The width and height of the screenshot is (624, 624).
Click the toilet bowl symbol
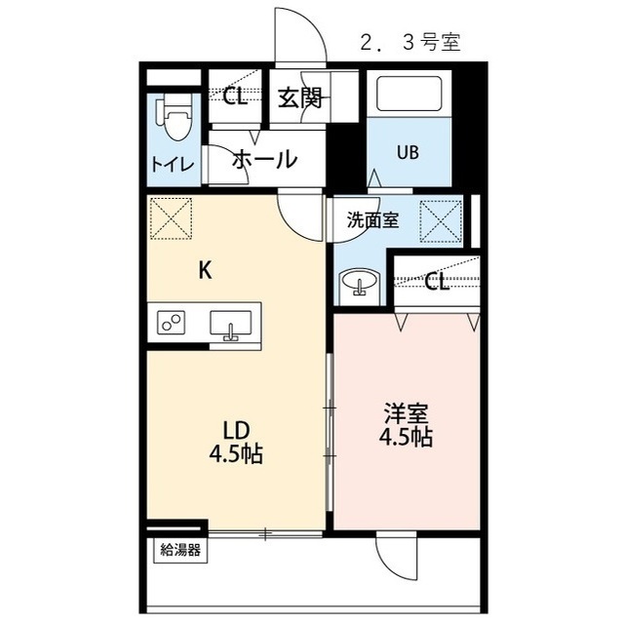(175, 118)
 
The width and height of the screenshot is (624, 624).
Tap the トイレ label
(173, 165)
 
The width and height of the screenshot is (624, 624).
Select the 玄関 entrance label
(300, 97)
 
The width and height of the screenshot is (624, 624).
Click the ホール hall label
(265, 159)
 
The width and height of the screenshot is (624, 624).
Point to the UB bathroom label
(408, 152)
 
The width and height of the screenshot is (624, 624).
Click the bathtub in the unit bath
(409, 94)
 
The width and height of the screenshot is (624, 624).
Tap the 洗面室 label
(372, 219)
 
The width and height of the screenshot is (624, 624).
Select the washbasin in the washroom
(360, 283)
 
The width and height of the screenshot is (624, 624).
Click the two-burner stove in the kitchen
(172, 322)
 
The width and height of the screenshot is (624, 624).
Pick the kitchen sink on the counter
(231, 325)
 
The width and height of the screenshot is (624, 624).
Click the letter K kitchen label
(205, 271)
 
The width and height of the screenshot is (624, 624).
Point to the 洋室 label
(406, 413)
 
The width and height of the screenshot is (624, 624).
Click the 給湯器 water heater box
(180, 551)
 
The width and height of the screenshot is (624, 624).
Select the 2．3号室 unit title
(410, 42)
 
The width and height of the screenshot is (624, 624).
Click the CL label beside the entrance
(235, 97)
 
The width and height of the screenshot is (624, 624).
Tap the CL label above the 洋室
(437, 282)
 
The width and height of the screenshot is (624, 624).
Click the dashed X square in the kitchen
(172, 218)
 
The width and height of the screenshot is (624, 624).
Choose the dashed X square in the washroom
(441, 221)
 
